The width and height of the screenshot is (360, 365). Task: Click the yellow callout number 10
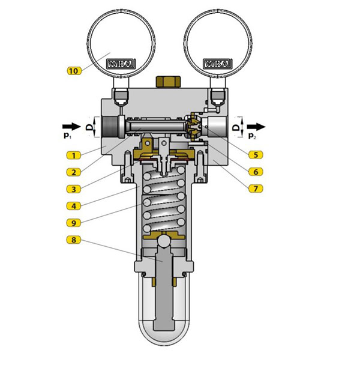tap(74, 70)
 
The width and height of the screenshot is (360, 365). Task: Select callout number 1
tap(74, 155)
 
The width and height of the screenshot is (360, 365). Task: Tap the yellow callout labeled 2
tap(74, 172)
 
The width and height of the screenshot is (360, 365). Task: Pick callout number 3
tap(74, 189)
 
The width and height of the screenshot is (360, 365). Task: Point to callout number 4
tap(74, 206)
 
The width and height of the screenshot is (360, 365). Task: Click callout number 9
tap(74, 223)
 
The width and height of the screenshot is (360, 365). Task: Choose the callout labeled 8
tap(74, 240)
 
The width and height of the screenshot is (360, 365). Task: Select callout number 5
tap(256, 154)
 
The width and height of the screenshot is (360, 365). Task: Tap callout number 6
tap(256, 172)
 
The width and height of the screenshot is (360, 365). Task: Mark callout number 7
tap(256, 189)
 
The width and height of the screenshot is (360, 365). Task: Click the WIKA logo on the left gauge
tap(121, 64)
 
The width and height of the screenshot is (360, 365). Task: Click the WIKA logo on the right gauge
tap(218, 64)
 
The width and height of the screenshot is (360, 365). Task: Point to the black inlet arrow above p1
tap(71, 127)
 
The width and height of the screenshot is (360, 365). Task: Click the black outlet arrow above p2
tap(256, 127)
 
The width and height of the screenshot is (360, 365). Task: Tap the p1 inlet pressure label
tap(67, 136)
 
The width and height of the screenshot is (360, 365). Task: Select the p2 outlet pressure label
tap(252, 136)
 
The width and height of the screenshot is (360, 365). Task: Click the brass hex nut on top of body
tap(167, 82)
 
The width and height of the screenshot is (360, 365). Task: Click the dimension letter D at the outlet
tap(236, 127)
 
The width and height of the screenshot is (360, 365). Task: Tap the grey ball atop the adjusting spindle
tap(164, 241)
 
